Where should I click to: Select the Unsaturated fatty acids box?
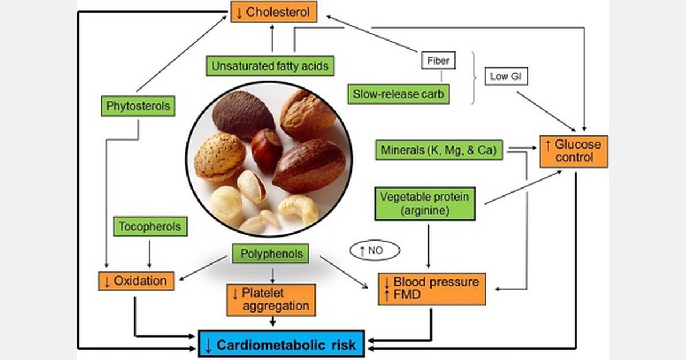click(270, 66)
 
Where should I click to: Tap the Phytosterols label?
click(138, 106)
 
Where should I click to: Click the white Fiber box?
click(438, 59)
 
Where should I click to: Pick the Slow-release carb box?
click(398, 94)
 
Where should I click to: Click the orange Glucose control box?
click(573, 151)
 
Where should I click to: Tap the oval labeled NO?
click(374, 250)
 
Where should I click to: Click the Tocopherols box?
click(150, 226)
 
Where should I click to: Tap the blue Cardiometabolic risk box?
click(281, 345)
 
